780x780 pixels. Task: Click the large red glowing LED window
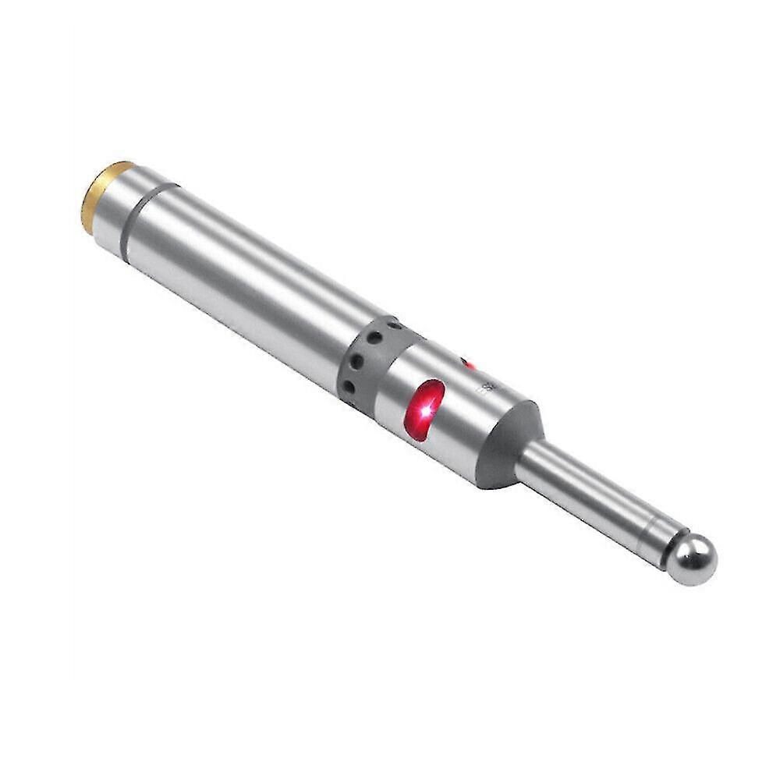tap(424, 409)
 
